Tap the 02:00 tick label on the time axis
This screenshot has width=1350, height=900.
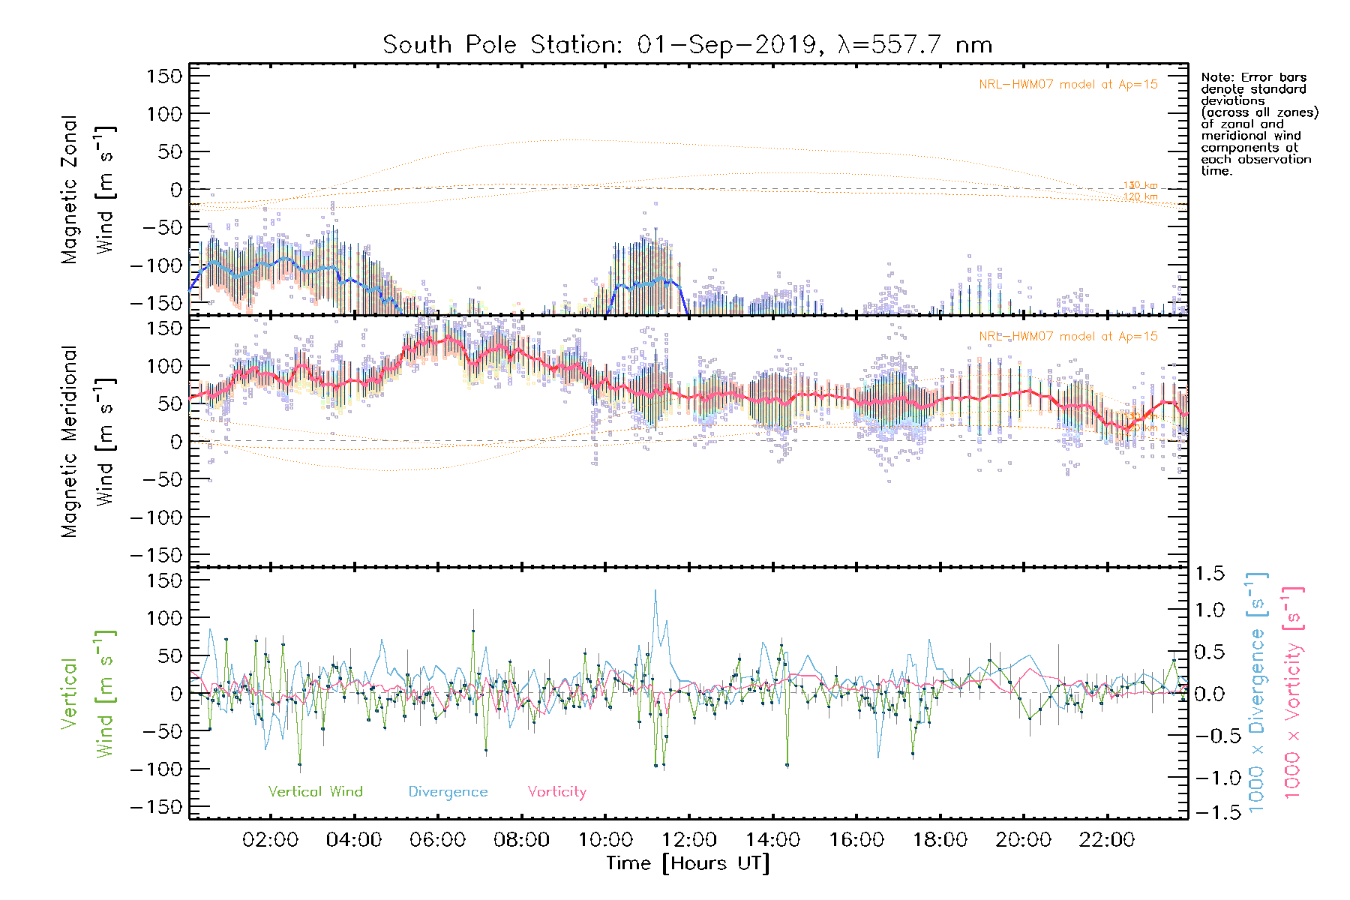pyautogui.click(x=271, y=840)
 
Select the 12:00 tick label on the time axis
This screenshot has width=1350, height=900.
pyautogui.click(x=689, y=840)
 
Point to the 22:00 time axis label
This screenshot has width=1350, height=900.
pyautogui.click(x=1107, y=840)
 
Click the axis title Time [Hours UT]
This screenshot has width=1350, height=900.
pyautogui.click(x=688, y=864)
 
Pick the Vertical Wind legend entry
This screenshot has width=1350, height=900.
pyautogui.click(x=315, y=792)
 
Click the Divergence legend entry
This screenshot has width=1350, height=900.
pyautogui.click(x=448, y=792)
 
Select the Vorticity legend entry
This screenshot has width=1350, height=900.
pyautogui.click(x=556, y=792)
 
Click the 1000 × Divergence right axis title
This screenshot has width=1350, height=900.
pyautogui.click(x=1256, y=694)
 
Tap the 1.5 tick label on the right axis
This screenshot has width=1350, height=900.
pyautogui.click(x=1210, y=574)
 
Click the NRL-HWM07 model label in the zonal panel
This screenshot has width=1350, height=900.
pyautogui.click(x=1068, y=85)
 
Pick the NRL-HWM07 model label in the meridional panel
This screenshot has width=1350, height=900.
pyautogui.click(x=1068, y=337)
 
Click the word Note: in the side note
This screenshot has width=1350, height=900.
pyautogui.click(x=1218, y=77)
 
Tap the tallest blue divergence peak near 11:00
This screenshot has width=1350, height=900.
pyautogui.click(x=655, y=591)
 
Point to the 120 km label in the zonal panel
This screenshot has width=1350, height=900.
pyautogui.click(x=1140, y=197)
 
